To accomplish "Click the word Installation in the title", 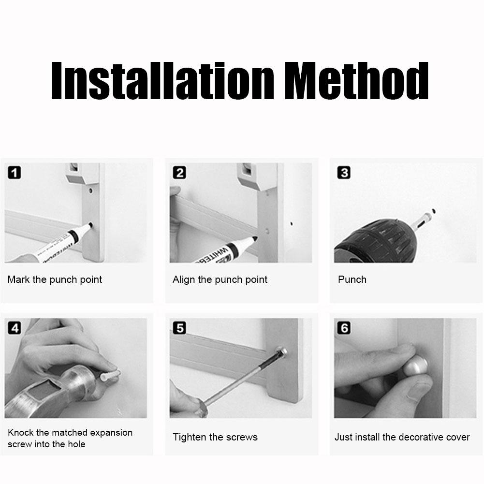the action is (x=162, y=80).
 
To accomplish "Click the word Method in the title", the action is (x=356, y=80).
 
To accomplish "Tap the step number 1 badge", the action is (x=15, y=173).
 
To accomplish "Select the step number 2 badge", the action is (x=179, y=173).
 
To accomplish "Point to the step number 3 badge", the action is (x=344, y=173).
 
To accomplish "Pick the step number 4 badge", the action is (x=15, y=328).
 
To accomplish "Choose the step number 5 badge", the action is (x=179, y=328).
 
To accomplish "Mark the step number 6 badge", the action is (x=344, y=328).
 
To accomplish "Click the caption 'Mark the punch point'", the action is (x=55, y=279).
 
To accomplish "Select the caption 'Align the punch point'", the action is (x=220, y=279).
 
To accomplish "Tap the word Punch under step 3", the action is (x=352, y=279).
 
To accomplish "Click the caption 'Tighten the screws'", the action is (x=215, y=437).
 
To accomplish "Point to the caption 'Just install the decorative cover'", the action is (x=402, y=437).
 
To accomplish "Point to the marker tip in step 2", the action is (x=254, y=238).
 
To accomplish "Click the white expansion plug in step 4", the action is (x=110, y=375).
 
